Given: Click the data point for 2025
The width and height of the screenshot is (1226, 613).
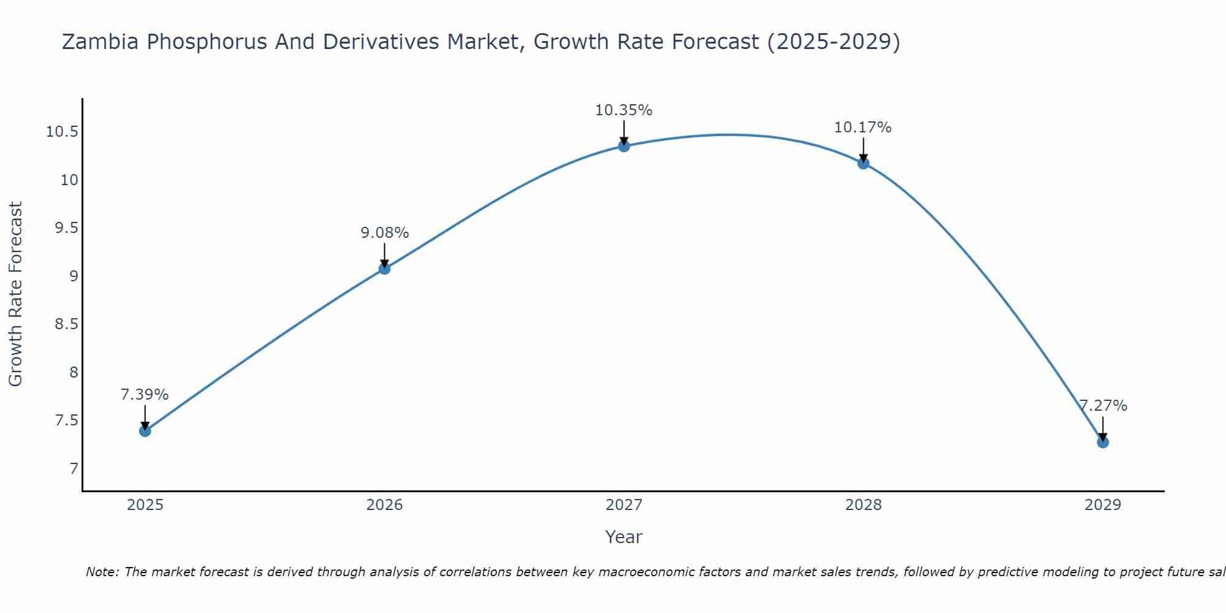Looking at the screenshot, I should pyautogui.click(x=145, y=431).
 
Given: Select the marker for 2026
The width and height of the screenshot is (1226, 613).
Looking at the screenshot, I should pyautogui.click(x=384, y=268).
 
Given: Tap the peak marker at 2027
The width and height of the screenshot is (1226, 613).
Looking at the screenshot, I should pyautogui.click(x=624, y=146).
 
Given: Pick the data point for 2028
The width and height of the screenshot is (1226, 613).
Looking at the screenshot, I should pyautogui.click(x=863, y=163).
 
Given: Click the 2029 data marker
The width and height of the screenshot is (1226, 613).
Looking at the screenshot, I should pyautogui.click(x=1103, y=442).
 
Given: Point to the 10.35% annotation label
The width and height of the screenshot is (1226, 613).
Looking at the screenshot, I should pyautogui.click(x=623, y=110).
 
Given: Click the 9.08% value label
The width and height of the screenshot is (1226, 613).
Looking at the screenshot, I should pyautogui.click(x=384, y=233).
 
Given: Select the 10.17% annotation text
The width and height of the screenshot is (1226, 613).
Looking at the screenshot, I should pyautogui.click(x=862, y=128).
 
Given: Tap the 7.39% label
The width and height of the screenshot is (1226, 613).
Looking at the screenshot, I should pyautogui.click(x=145, y=395).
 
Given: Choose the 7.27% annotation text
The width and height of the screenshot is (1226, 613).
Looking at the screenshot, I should pyautogui.click(x=1103, y=406).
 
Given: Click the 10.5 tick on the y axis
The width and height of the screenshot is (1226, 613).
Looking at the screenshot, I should pyautogui.click(x=62, y=132).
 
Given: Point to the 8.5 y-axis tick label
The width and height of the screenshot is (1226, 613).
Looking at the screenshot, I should pyautogui.click(x=66, y=324).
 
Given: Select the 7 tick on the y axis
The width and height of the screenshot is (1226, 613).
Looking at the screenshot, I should pyautogui.click(x=74, y=469).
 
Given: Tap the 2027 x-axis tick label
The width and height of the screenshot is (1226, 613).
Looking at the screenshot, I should pyautogui.click(x=624, y=505).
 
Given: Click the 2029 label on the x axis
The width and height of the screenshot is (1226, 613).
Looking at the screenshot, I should pyautogui.click(x=1103, y=505).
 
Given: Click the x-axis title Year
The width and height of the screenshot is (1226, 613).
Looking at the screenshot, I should pyautogui.click(x=623, y=537).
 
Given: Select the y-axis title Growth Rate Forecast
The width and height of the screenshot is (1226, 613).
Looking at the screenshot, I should pyautogui.click(x=15, y=294).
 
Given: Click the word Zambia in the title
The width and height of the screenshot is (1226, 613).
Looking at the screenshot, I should pyautogui.click(x=101, y=42).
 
